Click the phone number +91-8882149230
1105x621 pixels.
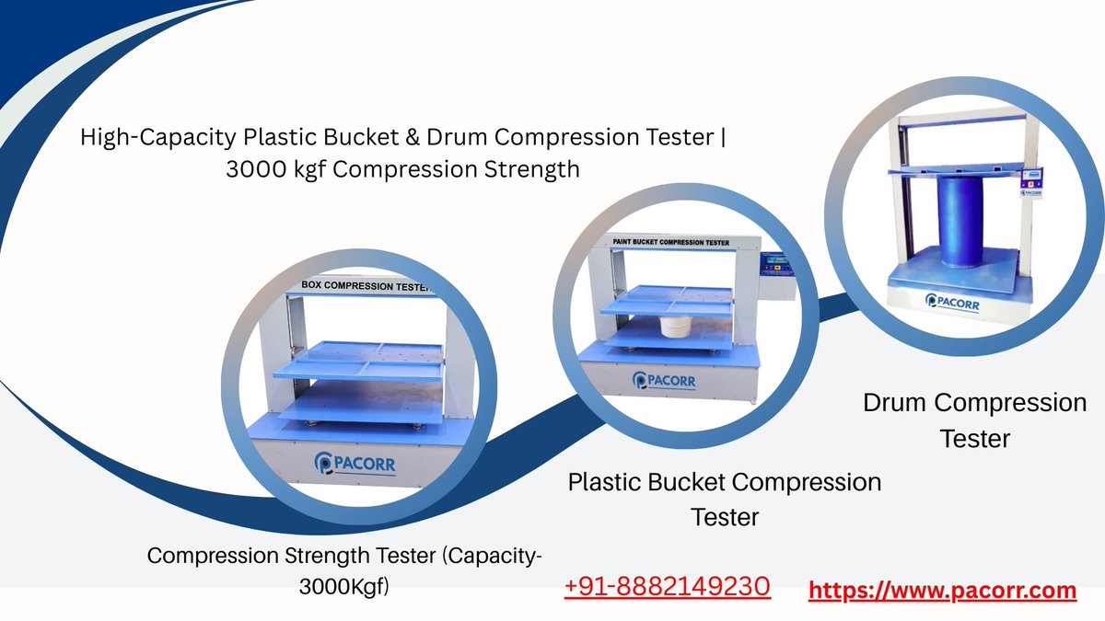(x=667, y=585)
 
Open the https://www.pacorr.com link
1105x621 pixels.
(x=942, y=590)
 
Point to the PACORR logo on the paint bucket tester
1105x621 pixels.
(x=665, y=380)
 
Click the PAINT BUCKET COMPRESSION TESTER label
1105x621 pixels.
(x=671, y=243)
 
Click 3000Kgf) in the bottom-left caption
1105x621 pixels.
(x=343, y=587)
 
